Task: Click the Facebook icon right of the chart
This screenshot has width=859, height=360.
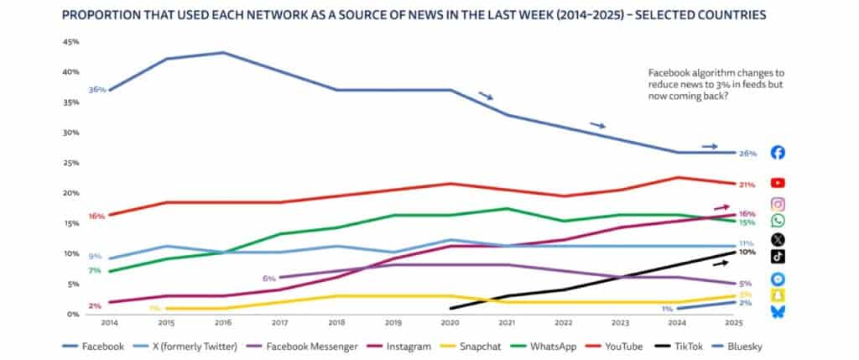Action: tap(778, 153)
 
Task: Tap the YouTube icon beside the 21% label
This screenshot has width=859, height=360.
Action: tap(778, 182)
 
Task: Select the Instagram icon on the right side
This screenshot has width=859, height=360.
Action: tap(778, 204)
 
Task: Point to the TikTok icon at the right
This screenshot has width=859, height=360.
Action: tap(778, 256)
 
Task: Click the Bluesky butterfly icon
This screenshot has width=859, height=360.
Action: tap(778, 311)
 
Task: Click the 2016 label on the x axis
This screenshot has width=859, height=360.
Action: tap(222, 322)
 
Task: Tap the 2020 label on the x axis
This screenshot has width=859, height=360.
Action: tap(451, 322)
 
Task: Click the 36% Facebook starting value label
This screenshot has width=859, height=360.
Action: tap(96, 89)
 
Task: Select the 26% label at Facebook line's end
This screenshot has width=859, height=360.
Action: tap(748, 154)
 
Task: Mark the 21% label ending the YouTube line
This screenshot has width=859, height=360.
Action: tap(748, 184)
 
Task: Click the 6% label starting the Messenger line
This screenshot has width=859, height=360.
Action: tap(268, 278)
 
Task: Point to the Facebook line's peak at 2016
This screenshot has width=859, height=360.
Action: tap(222, 53)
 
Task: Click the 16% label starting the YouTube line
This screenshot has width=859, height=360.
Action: tap(96, 216)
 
